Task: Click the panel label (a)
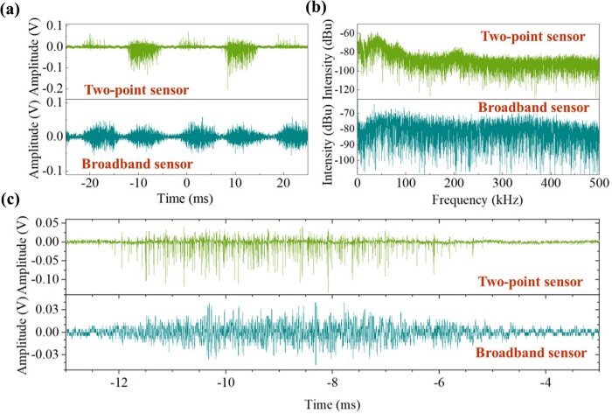[x=14, y=10]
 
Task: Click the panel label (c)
[x=14, y=210]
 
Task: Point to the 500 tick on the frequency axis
[x=598, y=185]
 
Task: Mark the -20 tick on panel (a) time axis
[x=88, y=185]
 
